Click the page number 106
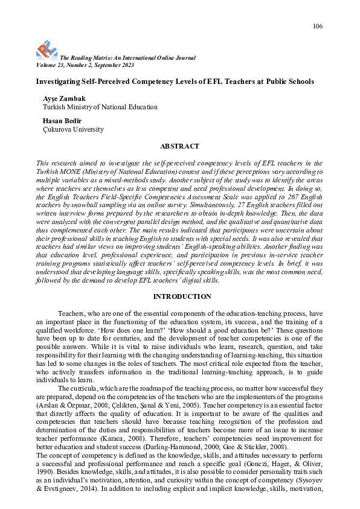coord(318,26)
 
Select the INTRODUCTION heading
coord(182,296)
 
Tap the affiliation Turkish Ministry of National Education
coord(100,107)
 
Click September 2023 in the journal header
coord(113,65)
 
